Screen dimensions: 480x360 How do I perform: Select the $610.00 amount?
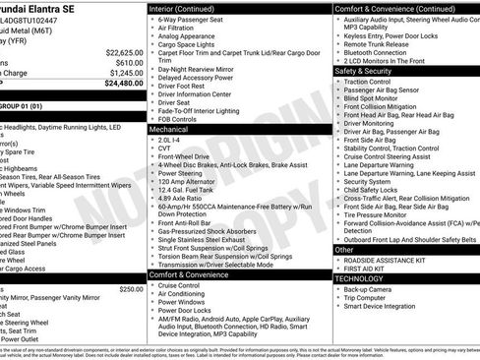(128, 62)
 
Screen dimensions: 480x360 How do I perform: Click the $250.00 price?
(131, 289)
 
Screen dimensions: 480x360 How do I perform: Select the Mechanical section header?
(168, 129)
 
